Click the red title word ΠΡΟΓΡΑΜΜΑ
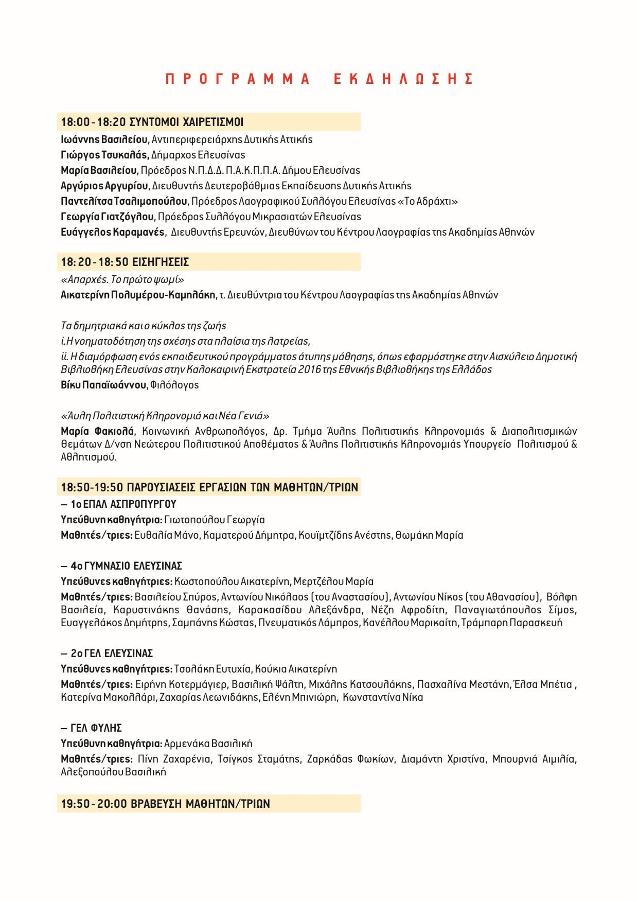[x=238, y=79]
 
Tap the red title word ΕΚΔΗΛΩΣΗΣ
[x=403, y=79]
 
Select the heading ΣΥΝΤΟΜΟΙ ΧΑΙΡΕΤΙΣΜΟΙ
[x=186, y=122]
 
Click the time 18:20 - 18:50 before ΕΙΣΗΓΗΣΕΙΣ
[x=95, y=262]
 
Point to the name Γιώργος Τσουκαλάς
[x=105, y=155]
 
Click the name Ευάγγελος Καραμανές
[x=113, y=232]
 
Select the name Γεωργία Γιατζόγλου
[x=107, y=217]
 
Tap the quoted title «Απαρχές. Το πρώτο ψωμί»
[x=122, y=279]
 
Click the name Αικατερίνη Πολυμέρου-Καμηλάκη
[x=138, y=295]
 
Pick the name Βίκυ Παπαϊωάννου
[x=103, y=385]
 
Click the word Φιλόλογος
[x=174, y=385]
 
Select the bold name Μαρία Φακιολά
[x=97, y=431]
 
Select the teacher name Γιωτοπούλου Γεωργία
[x=215, y=520]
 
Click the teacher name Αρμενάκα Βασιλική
[x=208, y=744]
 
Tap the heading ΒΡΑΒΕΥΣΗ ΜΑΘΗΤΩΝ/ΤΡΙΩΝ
[x=201, y=804]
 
